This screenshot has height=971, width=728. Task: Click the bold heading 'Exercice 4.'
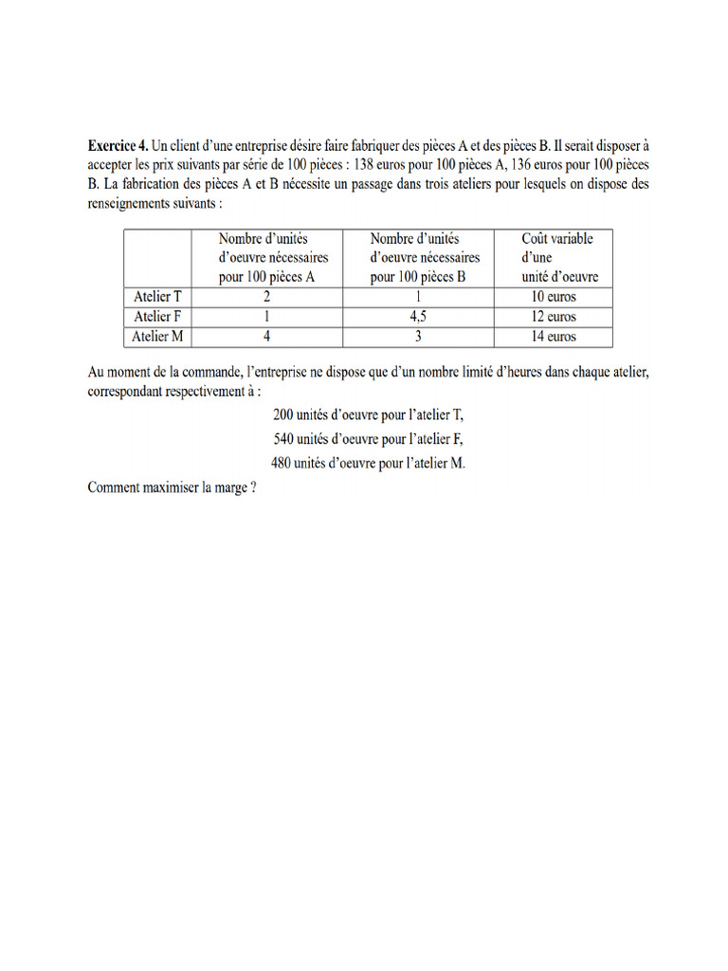[118, 146]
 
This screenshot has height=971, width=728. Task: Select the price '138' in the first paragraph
[365, 165]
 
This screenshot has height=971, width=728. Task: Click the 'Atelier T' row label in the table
[157, 297]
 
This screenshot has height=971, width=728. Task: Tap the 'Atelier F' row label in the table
[157, 317]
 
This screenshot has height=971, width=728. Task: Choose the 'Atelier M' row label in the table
[157, 337]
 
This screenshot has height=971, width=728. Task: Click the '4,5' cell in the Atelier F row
[417, 317]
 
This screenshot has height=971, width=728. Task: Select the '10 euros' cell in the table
[554, 297]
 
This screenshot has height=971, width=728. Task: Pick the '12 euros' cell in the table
[554, 317]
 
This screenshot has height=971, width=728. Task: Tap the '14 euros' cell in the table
[554, 337]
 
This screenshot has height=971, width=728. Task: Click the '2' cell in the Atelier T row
[266, 297]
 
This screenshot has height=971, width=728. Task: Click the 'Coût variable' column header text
[557, 239]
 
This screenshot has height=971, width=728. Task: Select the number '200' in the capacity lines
[285, 415]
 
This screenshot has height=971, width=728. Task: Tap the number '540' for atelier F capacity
[285, 439]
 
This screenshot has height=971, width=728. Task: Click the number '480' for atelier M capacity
[284, 463]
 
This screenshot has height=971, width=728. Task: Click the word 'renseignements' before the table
[132, 203]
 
